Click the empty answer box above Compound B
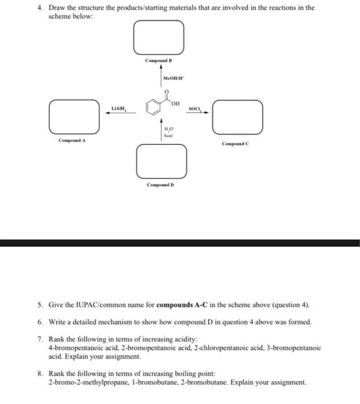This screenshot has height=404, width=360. (x=159, y=36)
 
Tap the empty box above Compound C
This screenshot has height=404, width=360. (x=238, y=117)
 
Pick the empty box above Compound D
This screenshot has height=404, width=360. (x=162, y=161)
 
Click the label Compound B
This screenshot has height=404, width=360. (x=159, y=61)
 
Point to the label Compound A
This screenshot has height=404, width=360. (x=72, y=140)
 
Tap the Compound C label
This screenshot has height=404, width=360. (x=236, y=144)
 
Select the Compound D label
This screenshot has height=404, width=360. (x=160, y=185)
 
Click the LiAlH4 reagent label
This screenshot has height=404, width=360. (x=119, y=107)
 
